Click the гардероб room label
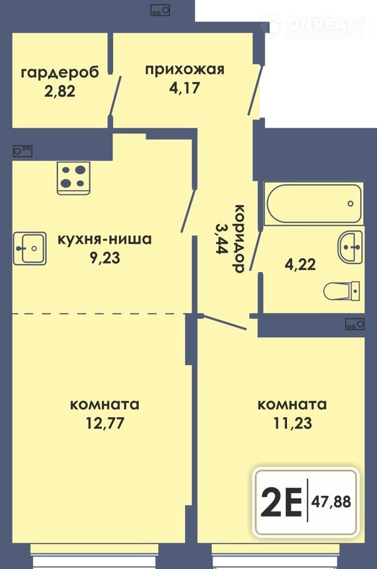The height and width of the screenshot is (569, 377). click(x=60, y=73)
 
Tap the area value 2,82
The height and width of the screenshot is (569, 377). click(x=60, y=91)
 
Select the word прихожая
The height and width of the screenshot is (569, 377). click(x=184, y=69)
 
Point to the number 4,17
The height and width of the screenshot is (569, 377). click(x=184, y=88)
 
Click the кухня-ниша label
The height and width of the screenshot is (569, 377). click(x=105, y=239)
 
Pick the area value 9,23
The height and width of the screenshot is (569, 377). click(x=105, y=258)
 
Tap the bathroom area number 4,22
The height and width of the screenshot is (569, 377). click(x=300, y=264)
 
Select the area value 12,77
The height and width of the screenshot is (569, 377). click(x=105, y=423)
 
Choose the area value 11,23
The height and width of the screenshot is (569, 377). click(x=293, y=423)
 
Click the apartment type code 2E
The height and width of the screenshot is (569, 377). click(x=281, y=502)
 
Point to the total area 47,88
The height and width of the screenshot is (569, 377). click(x=331, y=502)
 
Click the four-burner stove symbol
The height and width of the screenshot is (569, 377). click(x=73, y=178)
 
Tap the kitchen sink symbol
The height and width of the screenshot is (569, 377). click(x=30, y=248)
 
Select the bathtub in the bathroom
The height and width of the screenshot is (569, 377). click(x=314, y=204)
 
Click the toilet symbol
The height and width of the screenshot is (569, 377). click(x=341, y=291)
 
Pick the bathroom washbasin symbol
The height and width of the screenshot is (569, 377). click(x=349, y=247)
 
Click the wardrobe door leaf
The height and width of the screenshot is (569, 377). click(x=116, y=96)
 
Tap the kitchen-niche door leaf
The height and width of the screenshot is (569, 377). click(x=189, y=210)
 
